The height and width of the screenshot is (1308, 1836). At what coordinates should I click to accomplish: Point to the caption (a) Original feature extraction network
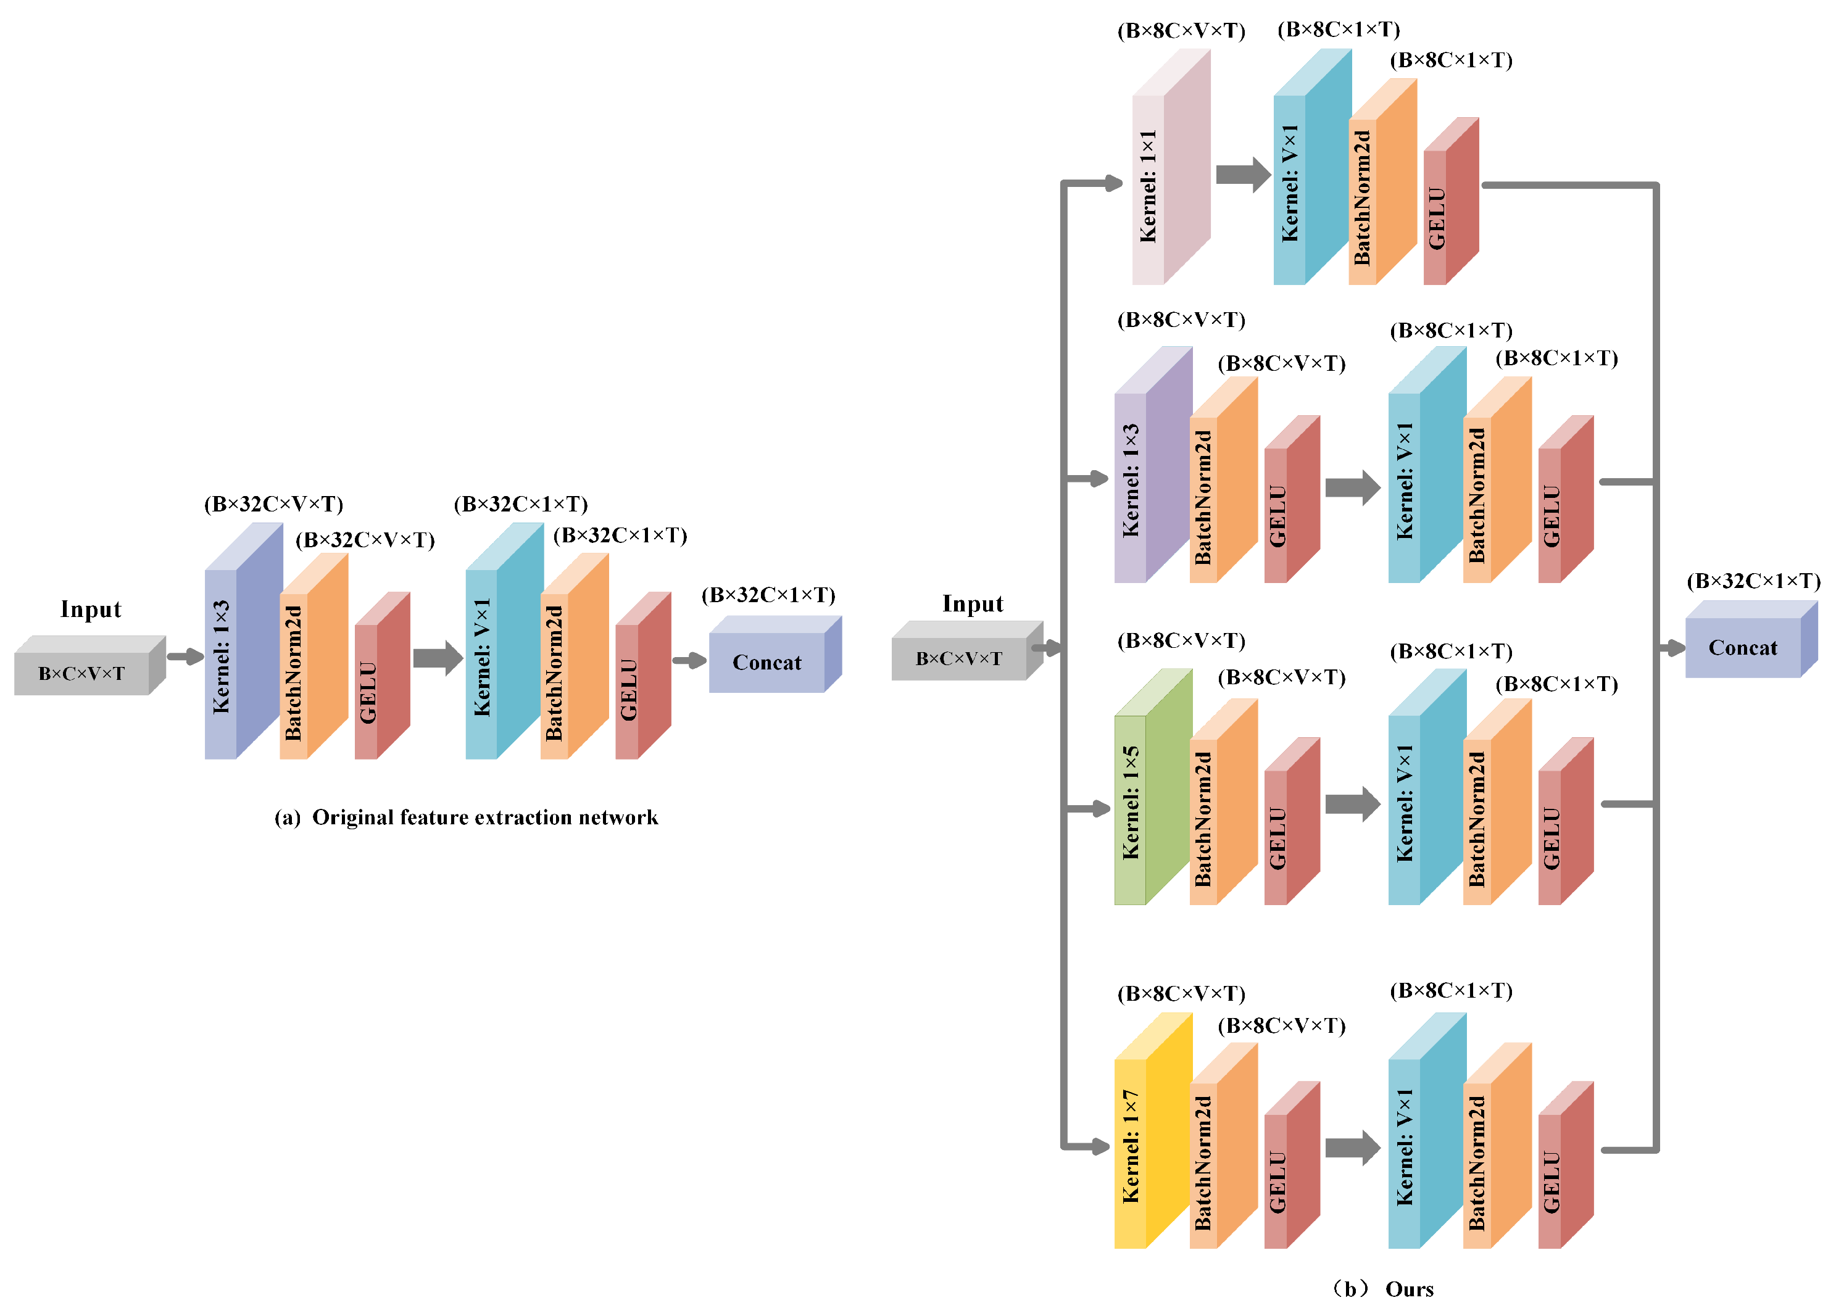point(466,817)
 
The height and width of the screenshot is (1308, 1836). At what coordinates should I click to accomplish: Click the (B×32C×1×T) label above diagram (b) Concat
point(1753,581)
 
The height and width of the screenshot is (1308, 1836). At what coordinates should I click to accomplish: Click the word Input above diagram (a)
point(90,609)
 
